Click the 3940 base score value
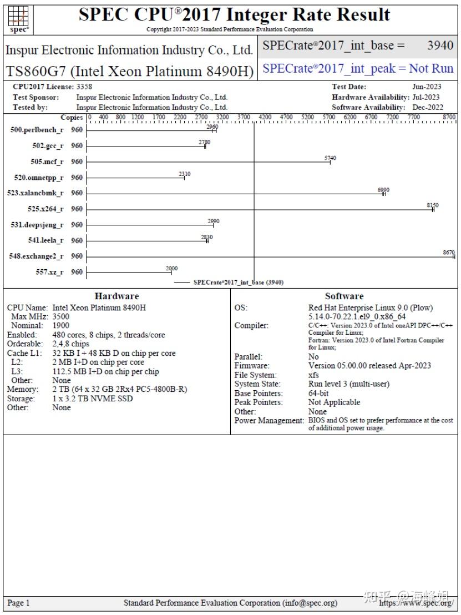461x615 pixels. (440, 46)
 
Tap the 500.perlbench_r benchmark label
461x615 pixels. (37, 130)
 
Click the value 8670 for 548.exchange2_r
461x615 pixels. (449, 253)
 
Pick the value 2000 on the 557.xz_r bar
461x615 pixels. (172, 269)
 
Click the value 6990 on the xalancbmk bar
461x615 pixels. (383, 190)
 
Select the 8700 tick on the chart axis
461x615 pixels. (449, 117)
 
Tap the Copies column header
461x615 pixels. (72, 117)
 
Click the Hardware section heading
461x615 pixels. (116, 296)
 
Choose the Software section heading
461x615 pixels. (344, 296)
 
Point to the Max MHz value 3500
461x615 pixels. (61, 316)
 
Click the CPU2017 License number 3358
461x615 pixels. (84, 87)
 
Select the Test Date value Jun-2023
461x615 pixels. (427, 87)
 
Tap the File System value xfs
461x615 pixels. (313, 375)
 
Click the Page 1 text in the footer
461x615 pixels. (19, 603)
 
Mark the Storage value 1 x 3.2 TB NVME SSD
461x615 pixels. (93, 399)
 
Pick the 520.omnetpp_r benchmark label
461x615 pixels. (38, 178)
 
